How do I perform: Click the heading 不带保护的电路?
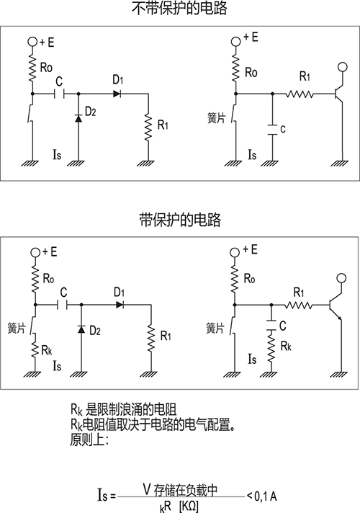[179, 8]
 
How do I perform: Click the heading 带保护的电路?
[180, 220]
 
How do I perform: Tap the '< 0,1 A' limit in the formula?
[261, 496]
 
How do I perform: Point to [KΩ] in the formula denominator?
[189, 507]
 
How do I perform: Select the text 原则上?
[89, 440]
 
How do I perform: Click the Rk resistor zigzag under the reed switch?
[35, 348]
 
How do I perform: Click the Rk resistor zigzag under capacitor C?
[271, 347]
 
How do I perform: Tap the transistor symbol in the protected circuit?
[336, 305]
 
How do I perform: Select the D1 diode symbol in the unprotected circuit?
[117, 94]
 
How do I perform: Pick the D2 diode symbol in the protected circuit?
[81, 329]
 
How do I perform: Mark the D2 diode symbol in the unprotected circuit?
[78, 118]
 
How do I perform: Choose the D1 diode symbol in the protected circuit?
[120, 305]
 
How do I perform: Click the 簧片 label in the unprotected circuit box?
[217, 117]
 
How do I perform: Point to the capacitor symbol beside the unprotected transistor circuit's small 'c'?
[272, 130]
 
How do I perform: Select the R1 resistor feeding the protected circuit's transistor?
[299, 305]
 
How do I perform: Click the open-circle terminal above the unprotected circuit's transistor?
[342, 67]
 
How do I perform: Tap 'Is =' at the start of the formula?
[107, 495]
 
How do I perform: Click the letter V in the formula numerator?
[147, 489]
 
